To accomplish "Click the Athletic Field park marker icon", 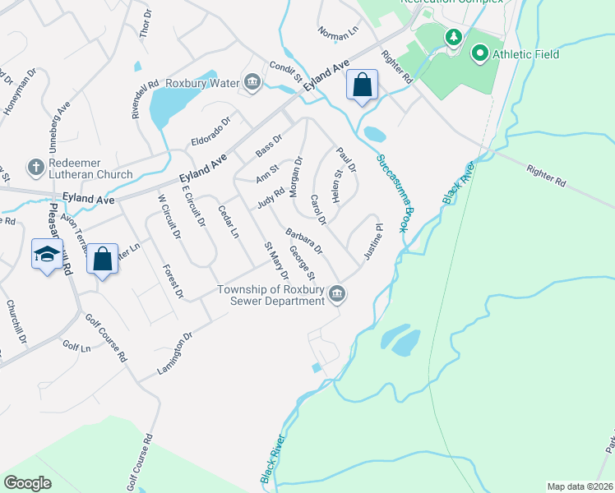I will tap(480, 54).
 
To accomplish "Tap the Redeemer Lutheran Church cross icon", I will tap(35, 167).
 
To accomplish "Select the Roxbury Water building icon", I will tap(252, 82).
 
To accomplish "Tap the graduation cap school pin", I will tap(47, 255).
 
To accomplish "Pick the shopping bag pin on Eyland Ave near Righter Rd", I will tap(362, 85).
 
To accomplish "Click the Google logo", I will tap(27, 482).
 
